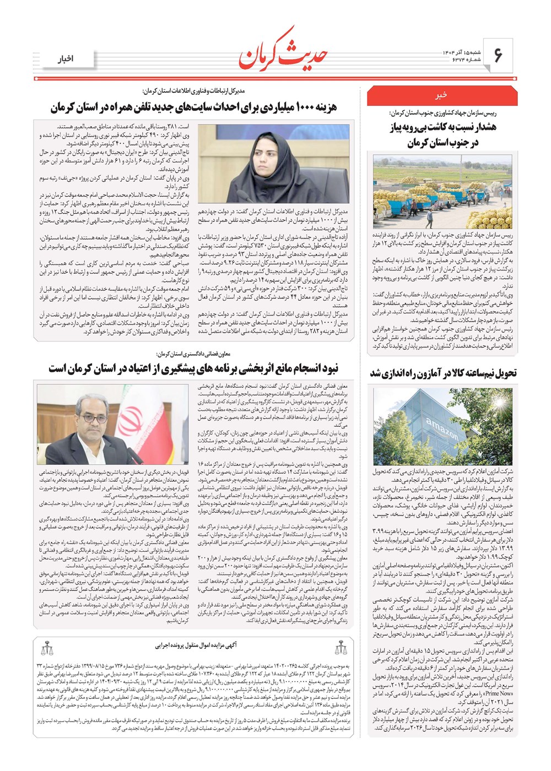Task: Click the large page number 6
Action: [498, 55]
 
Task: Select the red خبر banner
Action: [442, 96]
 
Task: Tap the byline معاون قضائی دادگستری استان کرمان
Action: [192, 354]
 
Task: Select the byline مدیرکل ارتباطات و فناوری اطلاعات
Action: [193, 91]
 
